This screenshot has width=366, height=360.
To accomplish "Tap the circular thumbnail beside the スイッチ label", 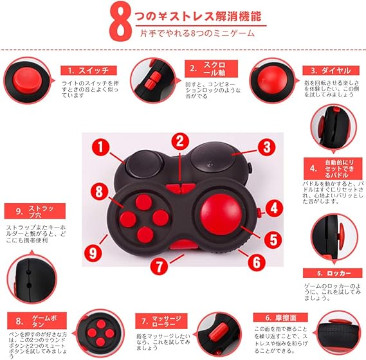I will [x=27, y=82].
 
